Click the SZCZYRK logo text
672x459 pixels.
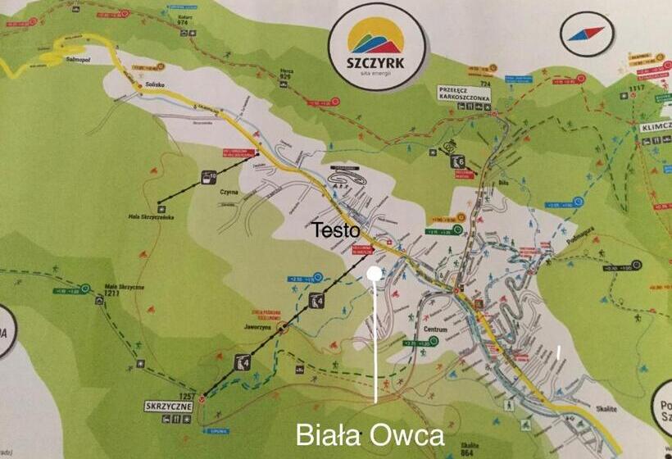[376, 63]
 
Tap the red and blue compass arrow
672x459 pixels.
[588, 34]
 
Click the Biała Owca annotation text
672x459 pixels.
[369, 434]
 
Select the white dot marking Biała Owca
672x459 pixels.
[375, 274]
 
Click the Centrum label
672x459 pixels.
[435, 329]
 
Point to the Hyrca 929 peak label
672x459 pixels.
[285, 73]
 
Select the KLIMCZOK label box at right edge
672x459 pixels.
[655, 130]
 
